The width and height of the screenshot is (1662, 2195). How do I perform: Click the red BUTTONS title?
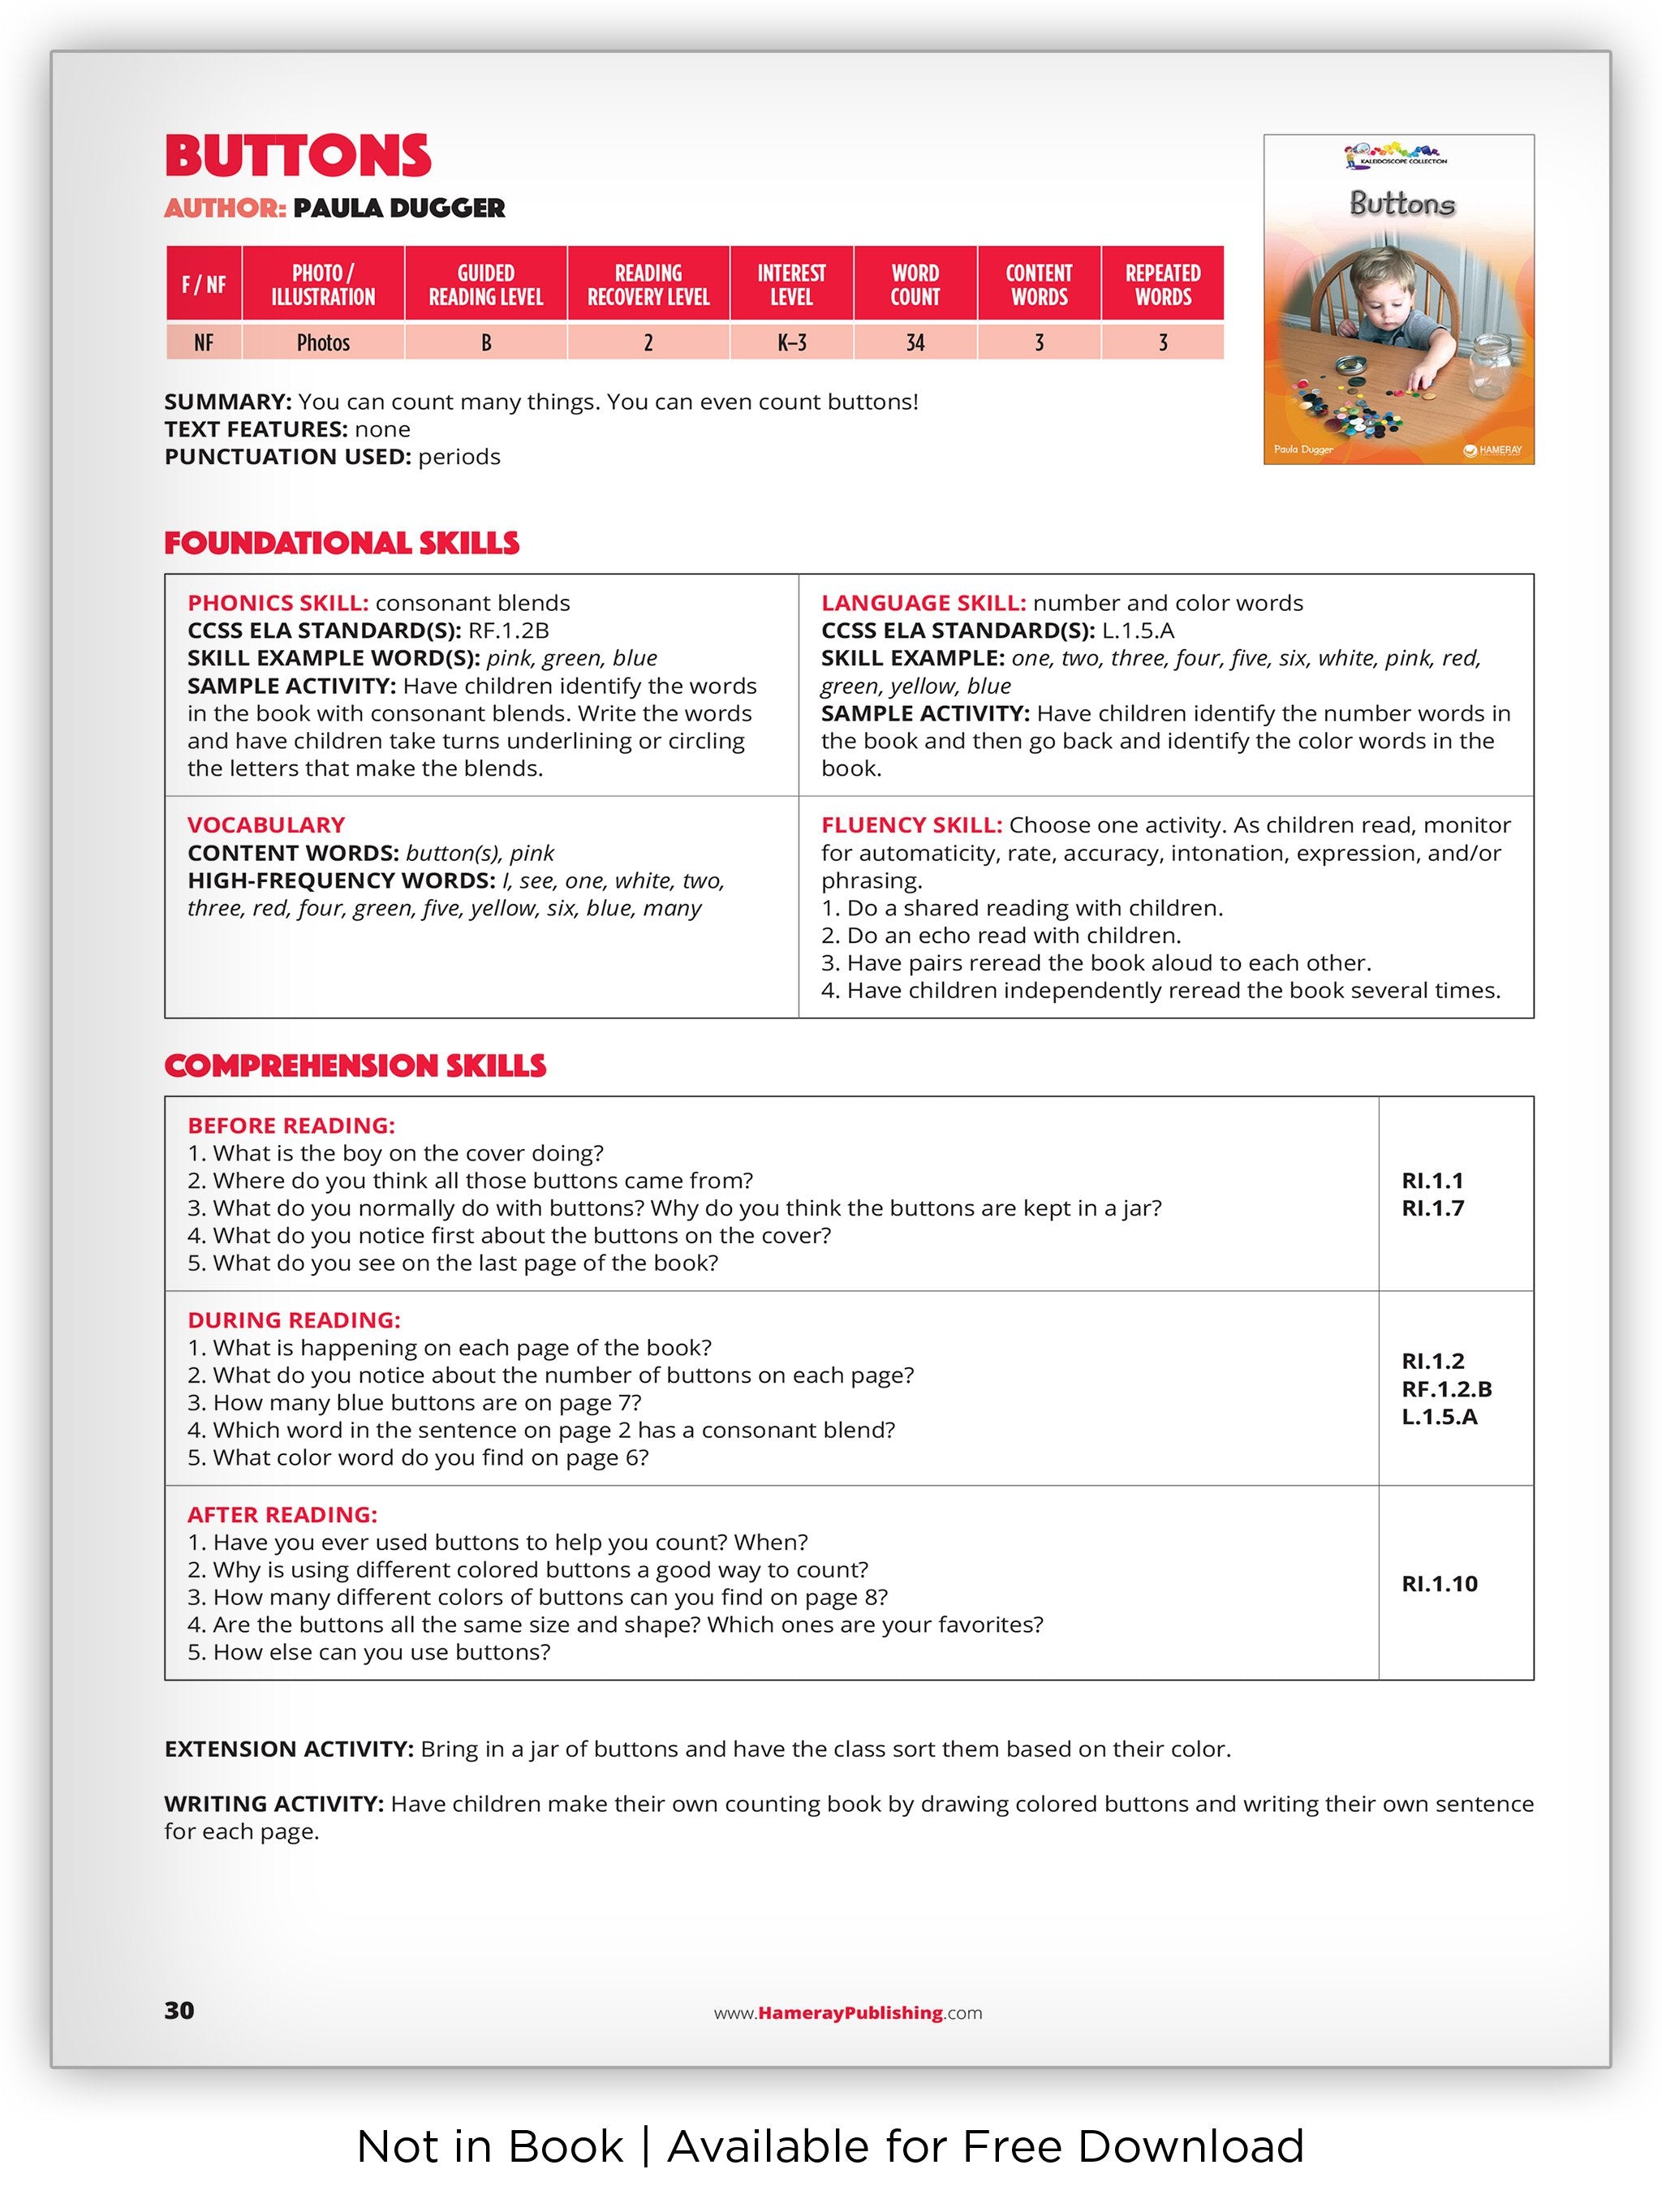pos(298,157)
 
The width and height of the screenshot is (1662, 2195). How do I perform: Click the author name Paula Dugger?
pos(399,209)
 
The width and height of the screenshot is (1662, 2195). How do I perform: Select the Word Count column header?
pos(914,285)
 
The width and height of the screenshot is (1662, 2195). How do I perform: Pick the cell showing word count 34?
pos(914,342)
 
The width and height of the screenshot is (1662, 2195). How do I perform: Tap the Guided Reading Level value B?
pos(485,342)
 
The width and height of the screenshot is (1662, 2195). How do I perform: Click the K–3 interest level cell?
pos(790,342)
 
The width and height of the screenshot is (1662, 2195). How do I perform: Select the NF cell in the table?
pos(204,342)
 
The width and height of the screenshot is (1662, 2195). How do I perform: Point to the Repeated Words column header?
pos(1162,285)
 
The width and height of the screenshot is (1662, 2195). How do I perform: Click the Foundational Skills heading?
pos(342,544)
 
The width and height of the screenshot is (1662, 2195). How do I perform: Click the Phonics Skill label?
pos(278,604)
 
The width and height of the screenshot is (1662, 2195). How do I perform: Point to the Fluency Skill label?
pos(911,824)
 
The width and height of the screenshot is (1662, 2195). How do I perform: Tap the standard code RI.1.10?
pos(1439,1584)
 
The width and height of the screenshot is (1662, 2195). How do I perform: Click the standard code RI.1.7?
pos(1432,1207)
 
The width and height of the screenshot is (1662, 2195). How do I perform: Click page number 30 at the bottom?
pos(179,2011)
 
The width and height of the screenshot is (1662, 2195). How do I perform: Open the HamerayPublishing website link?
pos(848,2012)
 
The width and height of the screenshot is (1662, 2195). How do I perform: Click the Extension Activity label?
pos(289,1749)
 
